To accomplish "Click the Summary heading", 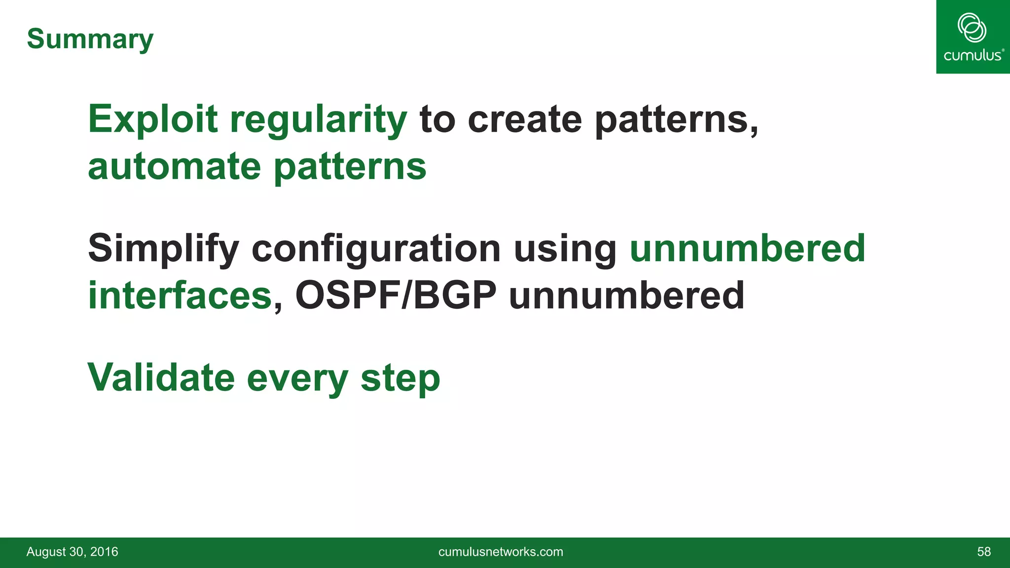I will [x=90, y=39].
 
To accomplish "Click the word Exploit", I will [x=153, y=119].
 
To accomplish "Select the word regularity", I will [x=319, y=120].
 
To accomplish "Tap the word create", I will [x=525, y=119].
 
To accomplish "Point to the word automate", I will [x=174, y=167].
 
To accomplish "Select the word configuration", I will [x=376, y=249].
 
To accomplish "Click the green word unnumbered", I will [x=747, y=248].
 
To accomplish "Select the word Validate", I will [x=161, y=378].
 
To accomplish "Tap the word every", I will [x=297, y=379].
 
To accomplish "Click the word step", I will [x=400, y=379].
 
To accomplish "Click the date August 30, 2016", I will [x=72, y=552].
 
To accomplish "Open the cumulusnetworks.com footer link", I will [x=501, y=552].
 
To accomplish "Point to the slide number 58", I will [x=983, y=552].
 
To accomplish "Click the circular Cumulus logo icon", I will [x=972, y=28].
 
